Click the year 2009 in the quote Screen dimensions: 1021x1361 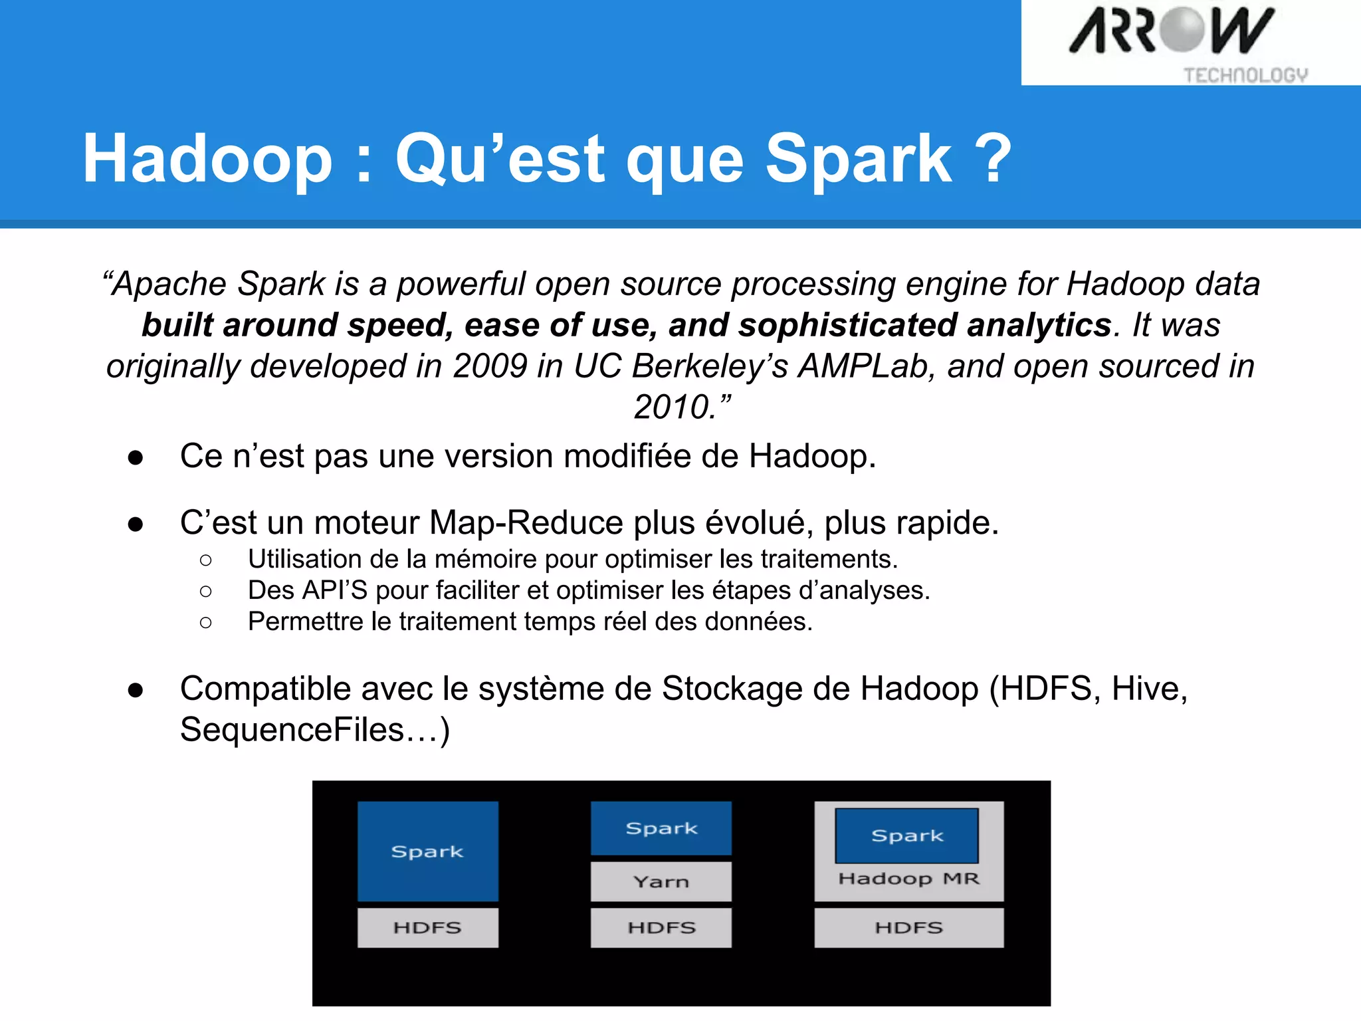point(490,366)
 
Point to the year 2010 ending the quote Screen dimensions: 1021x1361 point(673,407)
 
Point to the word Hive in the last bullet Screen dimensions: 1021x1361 point(1146,689)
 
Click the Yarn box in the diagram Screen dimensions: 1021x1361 point(661,881)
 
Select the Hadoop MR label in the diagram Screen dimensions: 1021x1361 point(908,879)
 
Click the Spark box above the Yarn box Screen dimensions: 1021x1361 point(661,828)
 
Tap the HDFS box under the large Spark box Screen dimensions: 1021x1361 point(427,927)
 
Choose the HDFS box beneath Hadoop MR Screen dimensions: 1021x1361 point(908,927)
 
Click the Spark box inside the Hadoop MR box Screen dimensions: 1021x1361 point(906,836)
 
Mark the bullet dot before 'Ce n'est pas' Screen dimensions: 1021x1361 point(136,457)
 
